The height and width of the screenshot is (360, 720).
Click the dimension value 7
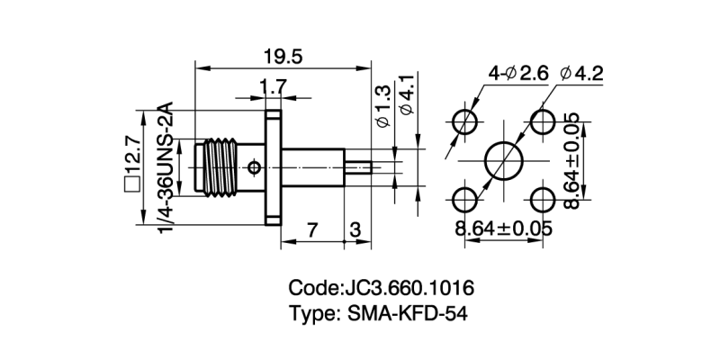[x=311, y=229]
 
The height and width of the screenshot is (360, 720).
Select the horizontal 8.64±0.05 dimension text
[x=503, y=229]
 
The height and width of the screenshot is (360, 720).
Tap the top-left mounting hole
[x=464, y=121]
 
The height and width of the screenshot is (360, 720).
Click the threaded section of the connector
[x=220, y=166]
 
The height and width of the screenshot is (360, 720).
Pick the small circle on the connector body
[x=255, y=167]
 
